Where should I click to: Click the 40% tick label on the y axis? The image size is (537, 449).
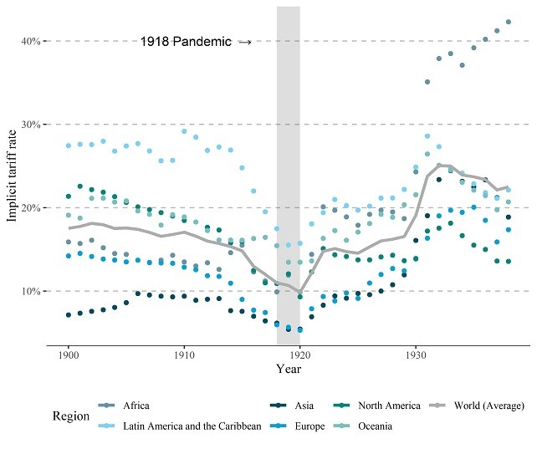(x=31, y=41)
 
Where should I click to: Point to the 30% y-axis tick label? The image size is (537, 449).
(x=31, y=125)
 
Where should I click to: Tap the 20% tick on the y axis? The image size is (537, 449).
(x=31, y=207)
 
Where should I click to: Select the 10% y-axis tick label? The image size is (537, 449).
(x=31, y=291)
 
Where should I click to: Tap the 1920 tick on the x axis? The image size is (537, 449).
(x=299, y=355)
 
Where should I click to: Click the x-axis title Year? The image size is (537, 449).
(x=289, y=369)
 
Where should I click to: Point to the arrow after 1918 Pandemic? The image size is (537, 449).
(x=244, y=41)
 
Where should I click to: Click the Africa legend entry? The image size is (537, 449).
(x=136, y=406)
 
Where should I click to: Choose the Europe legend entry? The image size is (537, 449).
(x=310, y=426)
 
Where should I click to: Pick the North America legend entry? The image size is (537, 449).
(x=389, y=406)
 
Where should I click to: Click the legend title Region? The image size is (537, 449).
(x=69, y=416)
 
